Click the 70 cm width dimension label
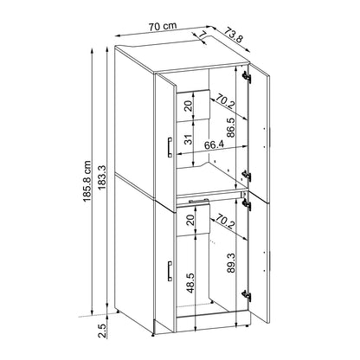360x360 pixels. [163, 26]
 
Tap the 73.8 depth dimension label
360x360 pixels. [234, 35]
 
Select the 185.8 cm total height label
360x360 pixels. [87, 181]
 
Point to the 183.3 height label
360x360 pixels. [102, 177]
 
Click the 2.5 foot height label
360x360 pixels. [102, 331]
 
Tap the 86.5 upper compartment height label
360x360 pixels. [230, 127]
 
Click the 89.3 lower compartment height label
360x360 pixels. [231, 263]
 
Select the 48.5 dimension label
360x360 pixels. [190, 283]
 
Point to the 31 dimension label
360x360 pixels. [188, 139]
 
